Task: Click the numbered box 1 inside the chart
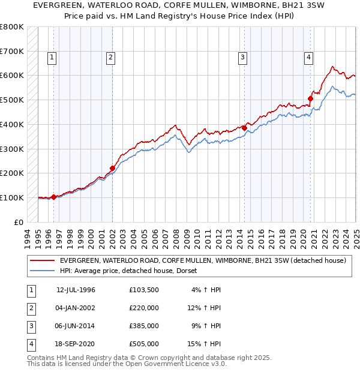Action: click(x=52, y=58)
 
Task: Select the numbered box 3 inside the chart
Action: click(x=242, y=58)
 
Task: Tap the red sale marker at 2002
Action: click(x=112, y=168)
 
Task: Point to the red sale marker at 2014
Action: click(x=245, y=127)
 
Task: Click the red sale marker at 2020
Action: click(x=311, y=98)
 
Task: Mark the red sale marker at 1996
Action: click(x=54, y=197)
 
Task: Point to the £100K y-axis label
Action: click(x=12, y=197)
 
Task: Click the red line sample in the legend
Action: click(x=42, y=261)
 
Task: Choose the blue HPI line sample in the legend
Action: click(x=42, y=271)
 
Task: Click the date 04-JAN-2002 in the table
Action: click(x=75, y=308)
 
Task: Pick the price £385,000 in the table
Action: click(x=144, y=326)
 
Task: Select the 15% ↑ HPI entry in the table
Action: click(x=204, y=344)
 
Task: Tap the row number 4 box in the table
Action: click(x=31, y=344)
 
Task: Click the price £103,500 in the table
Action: click(x=144, y=290)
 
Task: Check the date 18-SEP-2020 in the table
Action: click(x=75, y=344)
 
